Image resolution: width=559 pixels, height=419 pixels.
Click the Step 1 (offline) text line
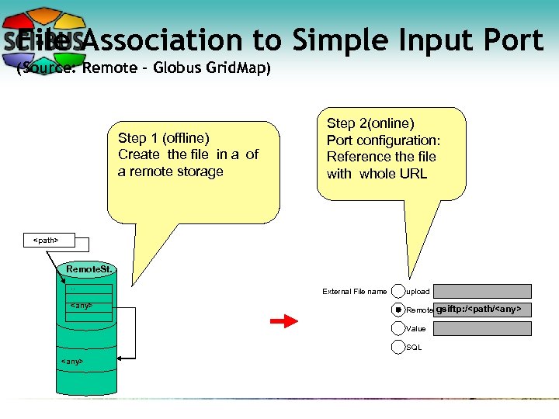click(x=164, y=138)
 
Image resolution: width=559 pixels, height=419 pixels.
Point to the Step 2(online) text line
click(x=370, y=123)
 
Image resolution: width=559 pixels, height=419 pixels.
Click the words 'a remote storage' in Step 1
click(x=170, y=171)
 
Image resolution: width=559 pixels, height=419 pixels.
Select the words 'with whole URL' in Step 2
click(x=377, y=173)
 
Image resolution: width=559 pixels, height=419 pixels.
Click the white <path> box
click(x=46, y=241)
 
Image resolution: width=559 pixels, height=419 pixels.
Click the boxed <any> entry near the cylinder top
click(x=82, y=306)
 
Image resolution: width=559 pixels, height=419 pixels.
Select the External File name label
click(x=354, y=292)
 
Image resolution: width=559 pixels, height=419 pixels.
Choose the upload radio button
click(x=398, y=291)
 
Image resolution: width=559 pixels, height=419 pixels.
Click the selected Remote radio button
click(x=398, y=310)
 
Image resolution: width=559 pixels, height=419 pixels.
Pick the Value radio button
click(x=398, y=328)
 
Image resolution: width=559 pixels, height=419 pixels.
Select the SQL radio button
click(x=398, y=347)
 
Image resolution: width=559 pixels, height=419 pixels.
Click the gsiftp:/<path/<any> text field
click(x=483, y=310)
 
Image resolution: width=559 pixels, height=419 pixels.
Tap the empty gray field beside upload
click(x=483, y=291)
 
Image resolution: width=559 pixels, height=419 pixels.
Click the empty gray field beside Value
click(x=483, y=328)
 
